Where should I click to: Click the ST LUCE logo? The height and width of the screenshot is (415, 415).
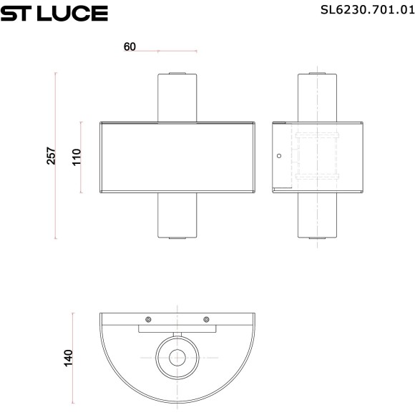point(54,12)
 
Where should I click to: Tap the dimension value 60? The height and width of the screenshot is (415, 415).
point(130,47)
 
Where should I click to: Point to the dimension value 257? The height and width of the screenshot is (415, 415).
point(51,156)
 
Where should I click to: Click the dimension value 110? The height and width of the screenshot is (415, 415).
point(77,157)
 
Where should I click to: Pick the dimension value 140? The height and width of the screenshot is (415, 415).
point(69,356)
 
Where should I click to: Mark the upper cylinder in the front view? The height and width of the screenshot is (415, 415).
point(177,97)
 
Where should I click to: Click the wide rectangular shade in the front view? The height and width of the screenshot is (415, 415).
point(177,157)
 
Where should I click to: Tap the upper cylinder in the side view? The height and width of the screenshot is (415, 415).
point(317,97)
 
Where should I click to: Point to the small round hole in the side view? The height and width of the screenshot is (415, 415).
point(280,155)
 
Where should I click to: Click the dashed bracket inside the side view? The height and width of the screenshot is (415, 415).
point(316,157)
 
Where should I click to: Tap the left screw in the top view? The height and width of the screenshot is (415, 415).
point(148,319)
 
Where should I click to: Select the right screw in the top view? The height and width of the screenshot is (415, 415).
point(205,319)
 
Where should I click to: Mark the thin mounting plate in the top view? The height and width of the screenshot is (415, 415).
point(177,330)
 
